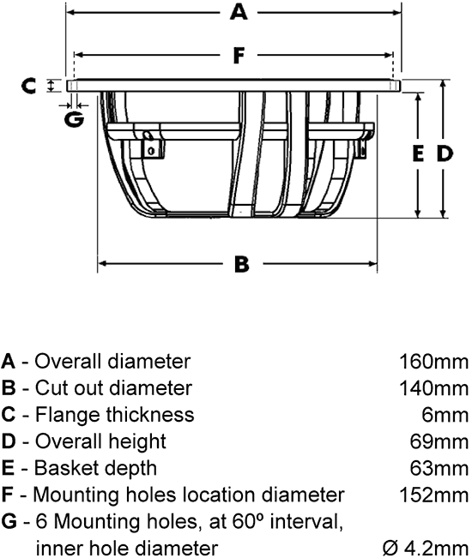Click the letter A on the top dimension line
[239, 12]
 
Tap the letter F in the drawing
[239, 56]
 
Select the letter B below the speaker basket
[242, 263]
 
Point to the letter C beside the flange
[29, 86]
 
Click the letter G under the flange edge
[75, 118]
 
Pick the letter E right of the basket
[419, 154]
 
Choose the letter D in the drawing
[445, 154]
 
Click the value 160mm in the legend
[434, 361]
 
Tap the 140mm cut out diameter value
[434, 388]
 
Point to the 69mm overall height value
[441, 441]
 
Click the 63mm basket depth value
[441, 468]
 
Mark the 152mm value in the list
[434, 495]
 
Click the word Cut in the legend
[48, 388]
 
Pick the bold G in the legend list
[9, 521]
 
